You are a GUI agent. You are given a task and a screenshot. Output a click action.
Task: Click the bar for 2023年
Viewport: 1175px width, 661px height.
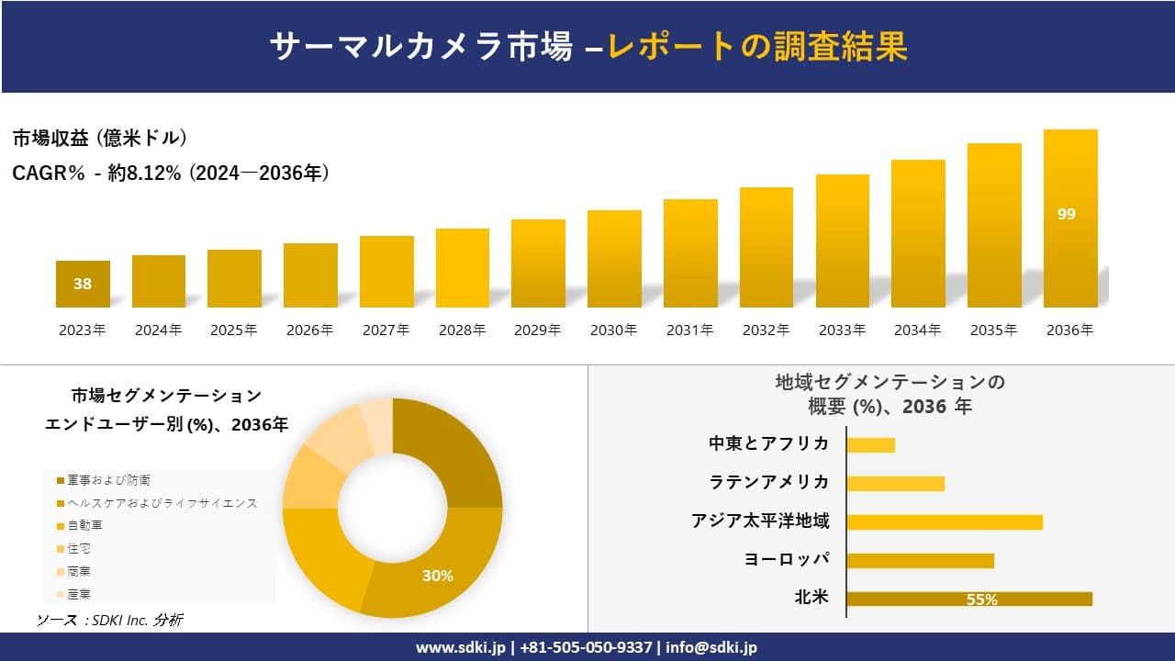pyautogui.click(x=83, y=284)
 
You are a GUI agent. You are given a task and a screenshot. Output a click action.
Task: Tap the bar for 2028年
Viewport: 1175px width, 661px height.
pyautogui.click(x=463, y=268)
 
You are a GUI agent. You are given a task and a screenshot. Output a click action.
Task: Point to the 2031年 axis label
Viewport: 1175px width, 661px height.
pyautogui.click(x=689, y=330)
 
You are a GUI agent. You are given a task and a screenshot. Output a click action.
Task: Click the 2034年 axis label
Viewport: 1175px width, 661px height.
pyautogui.click(x=917, y=330)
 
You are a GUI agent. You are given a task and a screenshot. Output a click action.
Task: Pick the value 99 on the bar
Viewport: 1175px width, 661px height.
pyautogui.click(x=1066, y=214)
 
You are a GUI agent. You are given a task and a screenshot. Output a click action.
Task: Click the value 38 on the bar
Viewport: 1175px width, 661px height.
pyautogui.click(x=83, y=284)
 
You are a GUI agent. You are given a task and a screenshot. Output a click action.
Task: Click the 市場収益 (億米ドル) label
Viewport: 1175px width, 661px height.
pyautogui.click(x=100, y=139)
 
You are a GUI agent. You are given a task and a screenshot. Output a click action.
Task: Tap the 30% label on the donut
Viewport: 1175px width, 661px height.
pyautogui.click(x=438, y=576)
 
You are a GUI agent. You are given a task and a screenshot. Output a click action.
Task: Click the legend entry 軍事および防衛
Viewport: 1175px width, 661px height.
pyautogui.click(x=108, y=480)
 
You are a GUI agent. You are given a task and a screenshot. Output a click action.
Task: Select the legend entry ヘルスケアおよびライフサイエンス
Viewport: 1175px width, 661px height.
pyautogui.click(x=162, y=503)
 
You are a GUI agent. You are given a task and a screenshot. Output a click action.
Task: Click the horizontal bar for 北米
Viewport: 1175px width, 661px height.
pyautogui.click(x=968, y=599)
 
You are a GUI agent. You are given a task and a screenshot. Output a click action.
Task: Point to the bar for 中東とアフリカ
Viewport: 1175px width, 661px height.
pyautogui.click(x=870, y=444)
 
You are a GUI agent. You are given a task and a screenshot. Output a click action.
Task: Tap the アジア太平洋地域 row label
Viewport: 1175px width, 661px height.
pyautogui.click(x=760, y=521)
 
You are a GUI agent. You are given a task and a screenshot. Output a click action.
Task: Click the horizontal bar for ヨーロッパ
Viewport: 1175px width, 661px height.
pyautogui.click(x=920, y=560)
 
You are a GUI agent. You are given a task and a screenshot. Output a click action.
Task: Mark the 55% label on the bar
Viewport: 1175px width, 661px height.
pyautogui.click(x=981, y=599)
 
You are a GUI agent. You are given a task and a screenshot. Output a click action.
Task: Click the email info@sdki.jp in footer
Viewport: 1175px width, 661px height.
pyautogui.click(x=711, y=647)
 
